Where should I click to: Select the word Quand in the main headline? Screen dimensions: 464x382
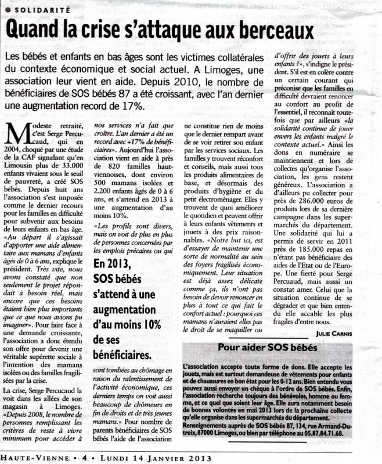[x=34, y=30]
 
